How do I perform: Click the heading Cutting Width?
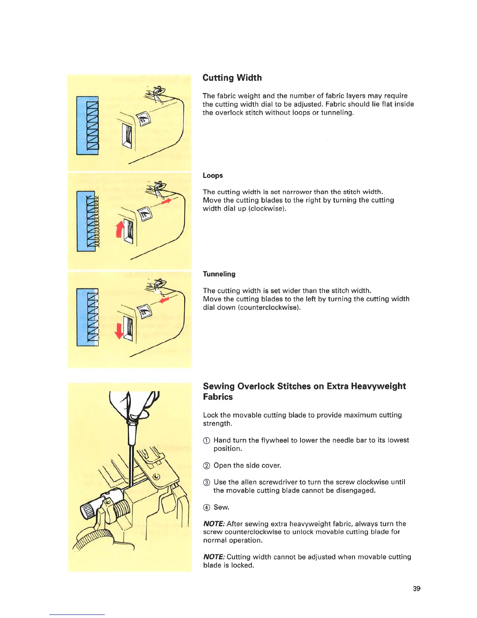coord(232,78)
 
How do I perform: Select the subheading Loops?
coord(213,176)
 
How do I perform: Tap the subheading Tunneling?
coord(219,274)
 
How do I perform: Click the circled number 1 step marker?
coord(207,440)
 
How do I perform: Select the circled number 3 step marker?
coord(207,482)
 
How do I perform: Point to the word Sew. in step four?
coord(221,507)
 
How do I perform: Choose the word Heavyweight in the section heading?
coord(378,386)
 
